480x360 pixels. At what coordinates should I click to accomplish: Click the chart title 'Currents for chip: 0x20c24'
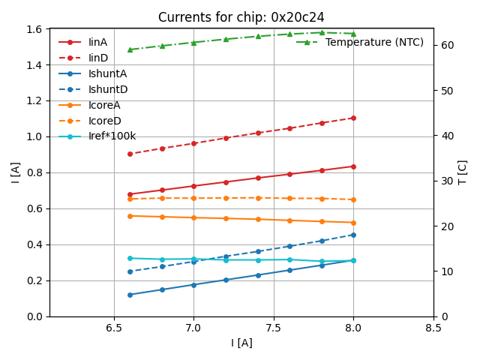[x=241, y=17]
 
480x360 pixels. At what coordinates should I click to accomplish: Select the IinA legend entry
[x=97, y=42]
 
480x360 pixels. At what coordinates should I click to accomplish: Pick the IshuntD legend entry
[x=107, y=89]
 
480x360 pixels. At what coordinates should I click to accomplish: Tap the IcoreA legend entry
[x=104, y=105]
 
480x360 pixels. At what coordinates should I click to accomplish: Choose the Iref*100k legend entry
[x=112, y=136]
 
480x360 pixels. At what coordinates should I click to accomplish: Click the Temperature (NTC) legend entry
[x=374, y=42]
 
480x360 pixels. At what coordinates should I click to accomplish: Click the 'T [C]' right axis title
[x=463, y=172]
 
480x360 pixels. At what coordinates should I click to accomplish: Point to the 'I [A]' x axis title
[x=241, y=343]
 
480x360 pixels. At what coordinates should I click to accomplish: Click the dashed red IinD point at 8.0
[x=353, y=118]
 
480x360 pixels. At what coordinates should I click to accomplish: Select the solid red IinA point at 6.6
[x=130, y=194]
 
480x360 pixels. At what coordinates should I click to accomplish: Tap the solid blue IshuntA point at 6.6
[x=130, y=295]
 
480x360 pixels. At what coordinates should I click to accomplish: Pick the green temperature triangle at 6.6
[x=130, y=49]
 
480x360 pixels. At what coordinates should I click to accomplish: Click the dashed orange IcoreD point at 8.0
[x=353, y=199]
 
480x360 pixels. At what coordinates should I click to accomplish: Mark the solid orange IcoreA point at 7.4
[x=258, y=219]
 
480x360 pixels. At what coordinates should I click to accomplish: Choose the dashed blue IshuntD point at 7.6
[x=289, y=246]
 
